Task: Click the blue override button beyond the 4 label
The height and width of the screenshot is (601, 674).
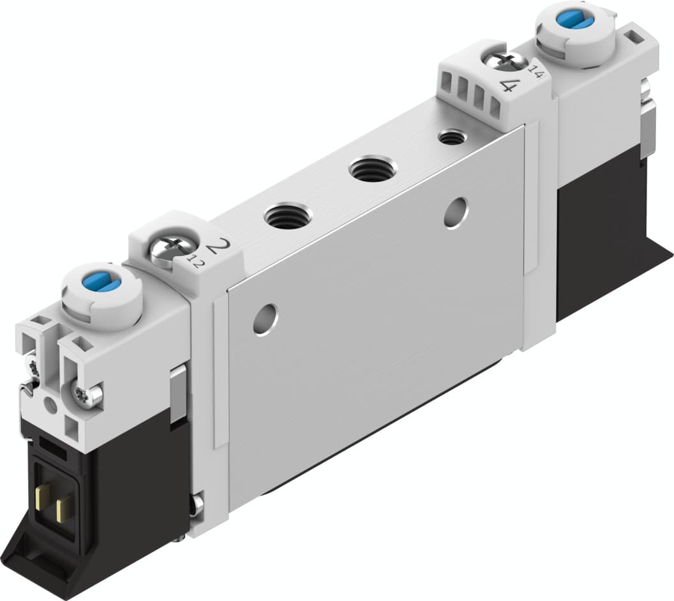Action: (574, 19)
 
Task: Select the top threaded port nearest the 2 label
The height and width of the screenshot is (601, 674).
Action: (287, 215)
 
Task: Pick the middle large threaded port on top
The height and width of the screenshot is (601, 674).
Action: (373, 169)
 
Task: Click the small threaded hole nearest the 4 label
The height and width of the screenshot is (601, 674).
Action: (452, 136)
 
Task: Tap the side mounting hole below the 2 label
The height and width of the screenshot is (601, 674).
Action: (265, 319)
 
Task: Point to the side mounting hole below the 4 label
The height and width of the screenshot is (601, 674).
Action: (456, 212)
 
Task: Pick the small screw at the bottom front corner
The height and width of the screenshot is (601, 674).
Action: (197, 504)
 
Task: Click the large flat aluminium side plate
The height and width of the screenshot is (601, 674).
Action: (377, 319)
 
